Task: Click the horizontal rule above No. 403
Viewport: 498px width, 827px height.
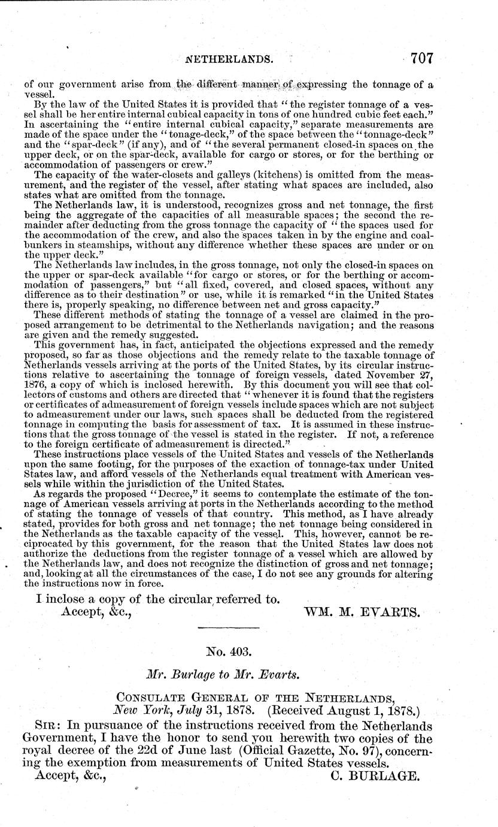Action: pos(228,627)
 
